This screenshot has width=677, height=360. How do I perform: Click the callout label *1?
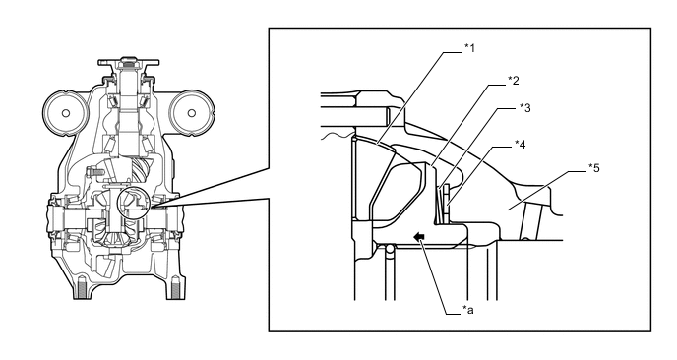coord(469,48)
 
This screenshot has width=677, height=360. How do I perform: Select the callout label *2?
coord(513,80)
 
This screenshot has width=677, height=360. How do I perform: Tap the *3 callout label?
coord(525,108)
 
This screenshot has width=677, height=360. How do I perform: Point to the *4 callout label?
coord(521,145)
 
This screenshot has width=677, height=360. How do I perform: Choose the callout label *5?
coord(594,168)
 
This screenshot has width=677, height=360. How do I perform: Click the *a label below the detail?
coord(468,310)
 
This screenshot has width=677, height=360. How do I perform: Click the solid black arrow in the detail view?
coord(419,236)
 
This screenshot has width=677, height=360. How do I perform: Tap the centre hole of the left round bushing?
coord(66,113)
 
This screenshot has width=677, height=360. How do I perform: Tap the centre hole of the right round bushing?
coord(191,113)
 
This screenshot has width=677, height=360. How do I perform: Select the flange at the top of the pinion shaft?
coord(129,63)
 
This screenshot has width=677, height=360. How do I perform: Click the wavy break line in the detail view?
coord(337,136)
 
